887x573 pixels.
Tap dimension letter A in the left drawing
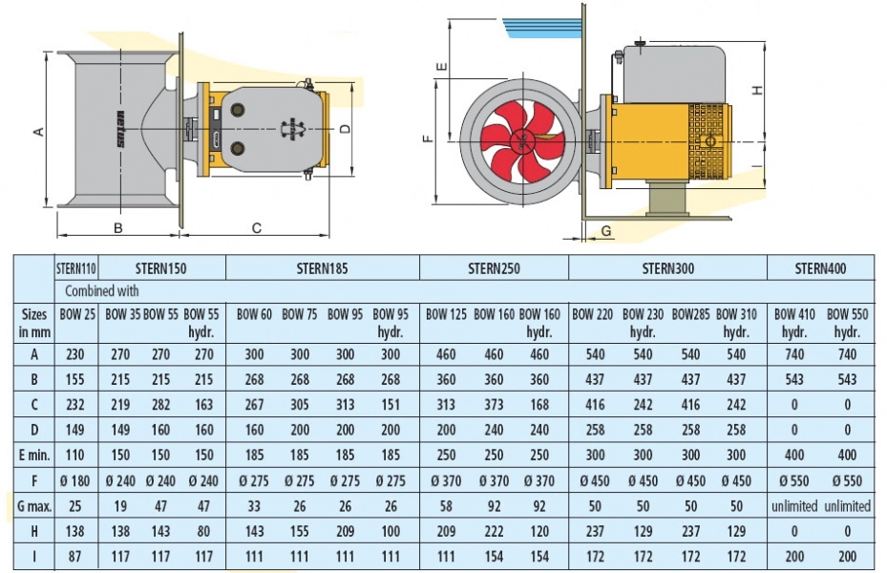[39, 132]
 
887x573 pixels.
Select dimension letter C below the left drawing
[256, 227]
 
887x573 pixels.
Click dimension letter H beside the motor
[756, 90]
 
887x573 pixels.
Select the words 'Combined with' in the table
[101, 290]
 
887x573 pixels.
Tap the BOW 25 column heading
[77, 313]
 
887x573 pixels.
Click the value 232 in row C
[77, 405]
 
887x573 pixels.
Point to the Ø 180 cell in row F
[77, 480]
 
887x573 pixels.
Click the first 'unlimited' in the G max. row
[794, 505]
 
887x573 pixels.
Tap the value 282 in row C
[160, 405]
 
